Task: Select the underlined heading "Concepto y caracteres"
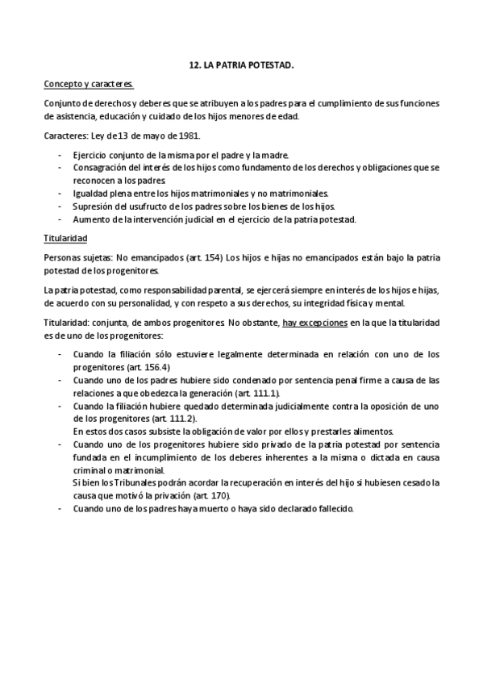pos(89,84)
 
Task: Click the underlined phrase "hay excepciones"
pos(314,322)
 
